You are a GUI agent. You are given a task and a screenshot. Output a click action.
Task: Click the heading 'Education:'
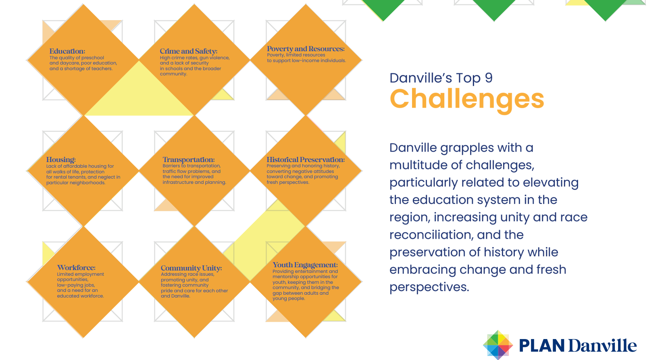click(67, 51)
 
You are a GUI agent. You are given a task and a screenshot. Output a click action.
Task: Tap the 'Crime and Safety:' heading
click(189, 51)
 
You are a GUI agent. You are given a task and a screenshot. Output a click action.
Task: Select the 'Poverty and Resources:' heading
click(306, 49)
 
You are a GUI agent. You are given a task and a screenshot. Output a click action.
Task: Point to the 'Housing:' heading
click(61, 160)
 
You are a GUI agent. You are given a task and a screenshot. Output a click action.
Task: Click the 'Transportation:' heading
click(189, 160)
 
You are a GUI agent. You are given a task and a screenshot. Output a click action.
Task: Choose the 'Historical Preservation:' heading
click(306, 160)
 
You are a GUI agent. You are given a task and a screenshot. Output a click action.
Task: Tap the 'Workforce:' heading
click(76, 268)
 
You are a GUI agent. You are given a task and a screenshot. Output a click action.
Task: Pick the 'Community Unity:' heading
click(191, 268)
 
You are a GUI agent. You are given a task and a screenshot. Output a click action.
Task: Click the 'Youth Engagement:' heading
click(305, 265)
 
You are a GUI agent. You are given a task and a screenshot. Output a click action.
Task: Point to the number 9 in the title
click(489, 78)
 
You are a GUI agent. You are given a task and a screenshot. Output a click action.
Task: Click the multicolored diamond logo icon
click(498, 345)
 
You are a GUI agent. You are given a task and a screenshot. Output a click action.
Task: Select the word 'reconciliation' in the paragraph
click(429, 235)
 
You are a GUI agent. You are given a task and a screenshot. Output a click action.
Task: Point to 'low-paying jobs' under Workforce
click(76, 285)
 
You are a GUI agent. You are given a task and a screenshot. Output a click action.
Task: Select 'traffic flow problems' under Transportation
click(186, 171)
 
